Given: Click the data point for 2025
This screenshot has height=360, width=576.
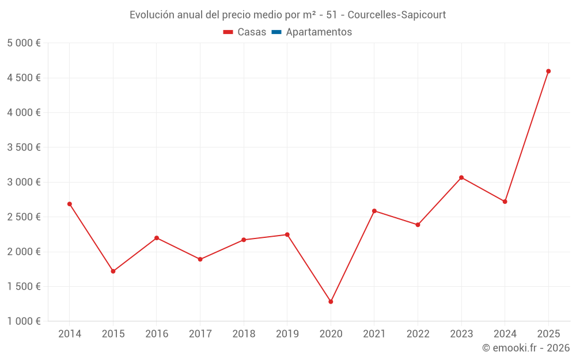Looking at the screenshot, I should (548, 71).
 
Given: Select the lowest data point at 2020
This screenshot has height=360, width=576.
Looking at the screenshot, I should (331, 302).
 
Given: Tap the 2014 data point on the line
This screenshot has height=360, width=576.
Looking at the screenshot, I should (70, 204).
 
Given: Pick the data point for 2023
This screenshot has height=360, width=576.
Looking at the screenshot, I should (461, 177).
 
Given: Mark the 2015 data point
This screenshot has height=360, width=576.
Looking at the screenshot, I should (113, 271).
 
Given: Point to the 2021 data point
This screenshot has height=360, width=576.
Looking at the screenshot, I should (374, 211).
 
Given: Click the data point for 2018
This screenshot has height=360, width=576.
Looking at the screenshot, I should (244, 240).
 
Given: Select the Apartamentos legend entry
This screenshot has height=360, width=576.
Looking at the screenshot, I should (319, 32).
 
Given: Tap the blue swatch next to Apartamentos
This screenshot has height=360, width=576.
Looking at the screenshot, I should (276, 32).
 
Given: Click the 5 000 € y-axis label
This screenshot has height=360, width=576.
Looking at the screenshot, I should (24, 43).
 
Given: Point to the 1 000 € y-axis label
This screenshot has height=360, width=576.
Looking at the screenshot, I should (24, 321).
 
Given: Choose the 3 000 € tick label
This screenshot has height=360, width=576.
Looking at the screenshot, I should (24, 182).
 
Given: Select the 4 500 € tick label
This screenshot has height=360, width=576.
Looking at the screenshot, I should (24, 78).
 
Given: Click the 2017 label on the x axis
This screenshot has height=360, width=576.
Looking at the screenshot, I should (200, 334).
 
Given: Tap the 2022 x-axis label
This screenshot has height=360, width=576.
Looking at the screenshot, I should (418, 334).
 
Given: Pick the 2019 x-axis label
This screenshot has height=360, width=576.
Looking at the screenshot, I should (287, 334).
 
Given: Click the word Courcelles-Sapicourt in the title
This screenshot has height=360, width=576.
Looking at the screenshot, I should (397, 15).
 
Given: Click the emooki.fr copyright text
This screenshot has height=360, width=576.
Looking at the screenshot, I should (526, 348).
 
